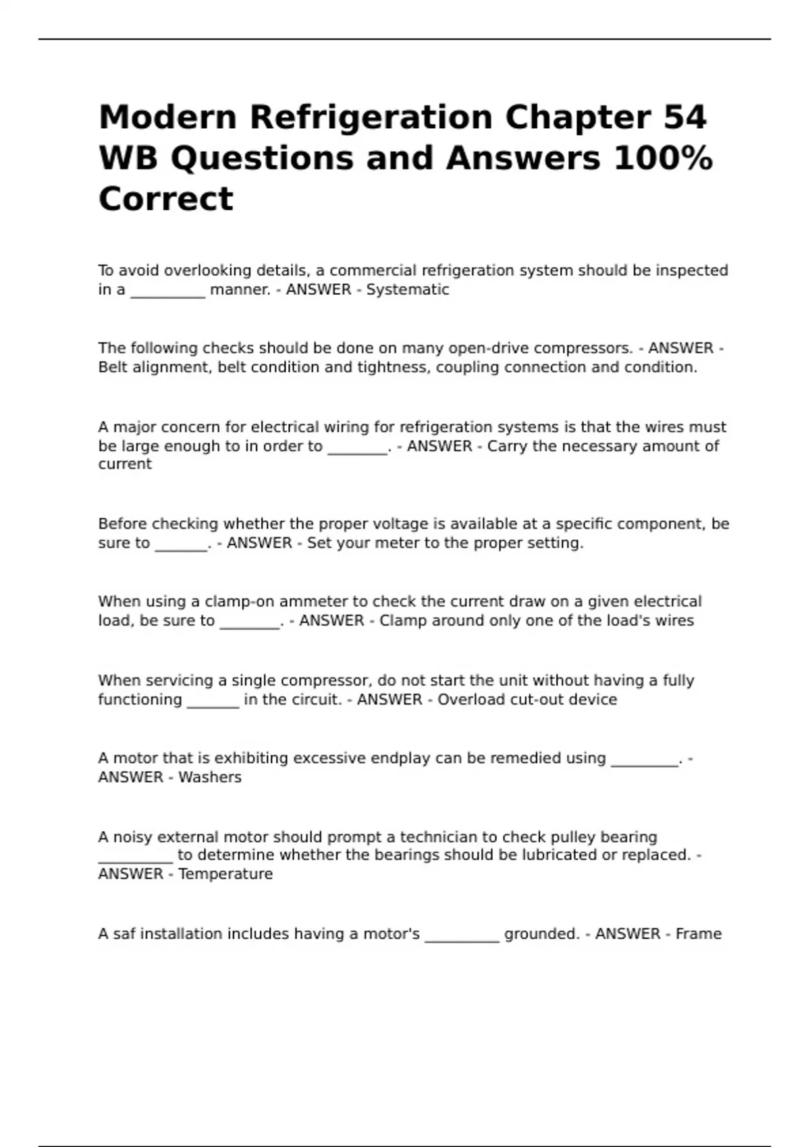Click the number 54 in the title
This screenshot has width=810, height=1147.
[684, 117]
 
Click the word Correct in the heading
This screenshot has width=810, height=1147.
[166, 200]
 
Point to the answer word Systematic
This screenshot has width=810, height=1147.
[407, 290]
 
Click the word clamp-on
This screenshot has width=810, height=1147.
[240, 602]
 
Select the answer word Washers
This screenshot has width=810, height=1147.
[210, 777]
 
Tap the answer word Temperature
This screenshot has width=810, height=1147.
[225, 874]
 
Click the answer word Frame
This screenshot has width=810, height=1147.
[699, 934]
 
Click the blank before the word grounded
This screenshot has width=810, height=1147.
[462, 938]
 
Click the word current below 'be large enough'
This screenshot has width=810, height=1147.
[125, 464]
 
